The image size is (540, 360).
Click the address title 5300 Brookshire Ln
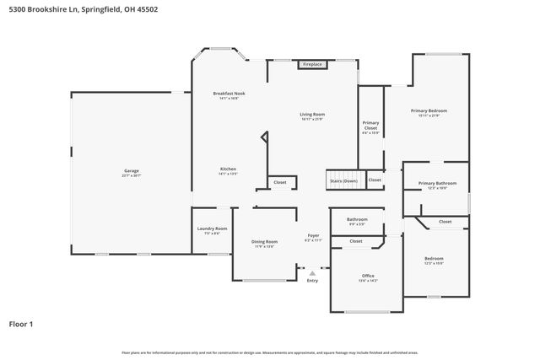83,9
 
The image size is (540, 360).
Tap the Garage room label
131,172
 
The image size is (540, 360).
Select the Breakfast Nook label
229,95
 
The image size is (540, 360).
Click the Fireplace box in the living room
313,64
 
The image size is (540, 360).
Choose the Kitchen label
228,169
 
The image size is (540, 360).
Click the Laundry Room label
213,230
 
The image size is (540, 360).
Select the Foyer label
312,238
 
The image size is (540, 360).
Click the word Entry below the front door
313,282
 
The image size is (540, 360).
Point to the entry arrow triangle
313,273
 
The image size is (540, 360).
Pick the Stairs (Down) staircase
343,180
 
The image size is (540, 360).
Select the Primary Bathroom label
436,185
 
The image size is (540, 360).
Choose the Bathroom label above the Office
357,221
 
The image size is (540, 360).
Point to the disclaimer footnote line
270,352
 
